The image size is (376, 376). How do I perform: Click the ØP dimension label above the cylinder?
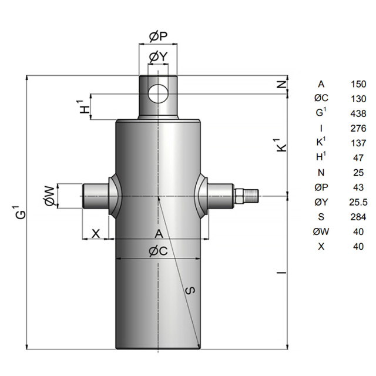[158, 36]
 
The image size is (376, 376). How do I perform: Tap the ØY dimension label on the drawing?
[158, 57]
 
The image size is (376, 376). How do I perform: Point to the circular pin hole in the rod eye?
[158, 93]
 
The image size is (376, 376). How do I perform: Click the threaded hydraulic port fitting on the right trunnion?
[246, 196]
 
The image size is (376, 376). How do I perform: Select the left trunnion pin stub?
[95, 196]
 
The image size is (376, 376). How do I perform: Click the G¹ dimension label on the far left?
[21, 211]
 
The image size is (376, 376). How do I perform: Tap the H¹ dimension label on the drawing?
[85, 107]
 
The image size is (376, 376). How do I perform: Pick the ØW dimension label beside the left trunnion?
[51, 196]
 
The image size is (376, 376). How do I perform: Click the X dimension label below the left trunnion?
[96, 233]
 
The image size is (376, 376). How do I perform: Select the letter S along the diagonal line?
[191, 290]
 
